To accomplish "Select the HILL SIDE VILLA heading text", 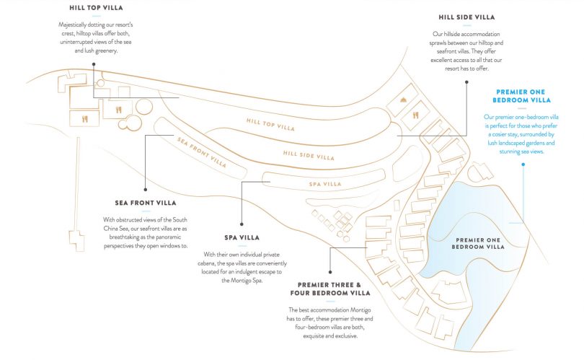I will (466, 17).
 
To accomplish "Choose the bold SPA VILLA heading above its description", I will (242, 237).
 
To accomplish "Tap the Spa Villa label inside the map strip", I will (325, 184).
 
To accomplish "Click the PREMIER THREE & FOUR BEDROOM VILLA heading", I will (330, 289).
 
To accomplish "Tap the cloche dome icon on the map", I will (405, 101).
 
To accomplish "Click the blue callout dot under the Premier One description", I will (523, 164).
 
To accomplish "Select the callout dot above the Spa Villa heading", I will (242, 224).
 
